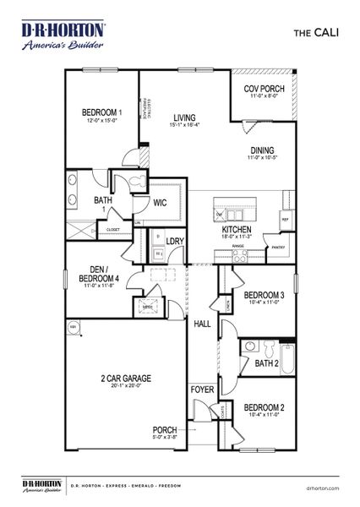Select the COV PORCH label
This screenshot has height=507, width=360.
[262, 89]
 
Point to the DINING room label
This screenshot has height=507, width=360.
[261, 151]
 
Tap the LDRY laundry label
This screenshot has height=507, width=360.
[175, 241]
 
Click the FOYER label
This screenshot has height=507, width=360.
[203, 390]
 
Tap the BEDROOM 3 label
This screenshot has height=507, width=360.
[264, 297]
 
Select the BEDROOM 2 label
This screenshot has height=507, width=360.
[264, 407]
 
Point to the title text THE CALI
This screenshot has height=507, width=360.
[315, 34]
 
